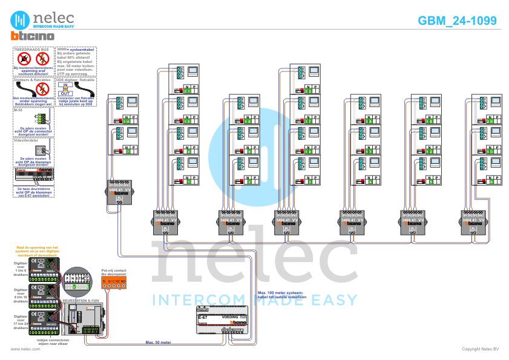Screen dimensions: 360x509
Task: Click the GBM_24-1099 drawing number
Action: pyautogui.click(x=457, y=21)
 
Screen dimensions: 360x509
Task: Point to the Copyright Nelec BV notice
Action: pyautogui.click(x=480, y=349)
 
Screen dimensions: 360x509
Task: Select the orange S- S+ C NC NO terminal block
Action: pyautogui.click(x=113, y=283)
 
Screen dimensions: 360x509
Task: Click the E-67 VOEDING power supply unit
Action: pyautogui.click(x=222, y=325)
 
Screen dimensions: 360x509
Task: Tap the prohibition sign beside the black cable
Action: pyautogui.click(x=42, y=90)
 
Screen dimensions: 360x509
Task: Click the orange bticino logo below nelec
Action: pyautogui.click(x=32, y=37)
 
